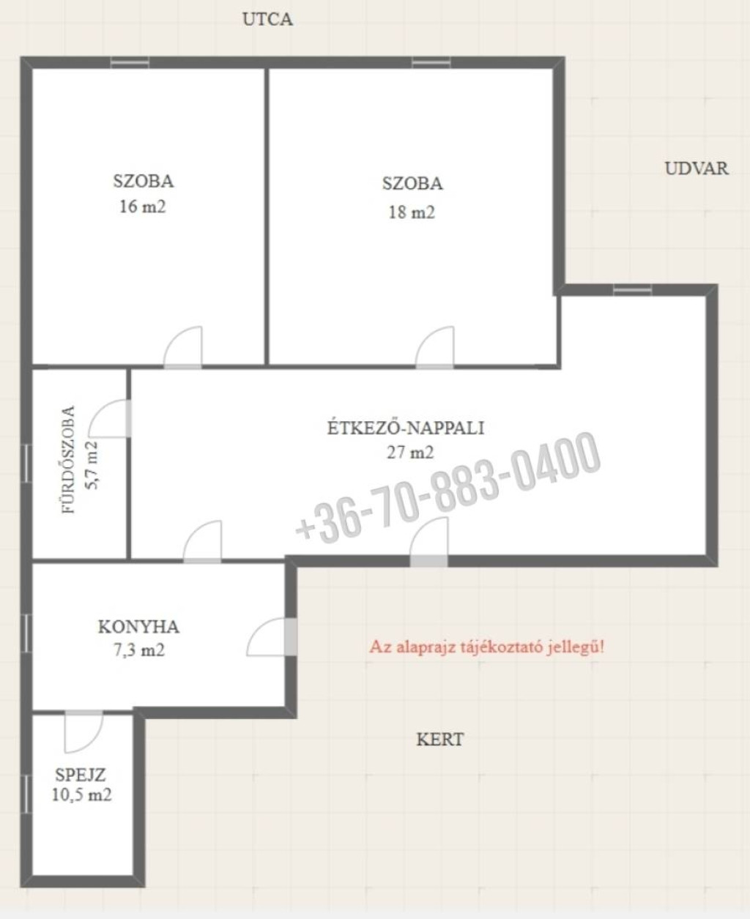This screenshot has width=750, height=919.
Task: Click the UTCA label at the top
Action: click(267, 20)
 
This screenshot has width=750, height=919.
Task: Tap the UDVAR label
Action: click(697, 168)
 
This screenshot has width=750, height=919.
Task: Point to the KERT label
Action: click(439, 740)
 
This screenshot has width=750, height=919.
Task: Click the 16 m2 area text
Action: click(143, 207)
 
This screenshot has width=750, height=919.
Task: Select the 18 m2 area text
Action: click(412, 212)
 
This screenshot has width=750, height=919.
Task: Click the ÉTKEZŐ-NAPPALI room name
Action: click(406, 428)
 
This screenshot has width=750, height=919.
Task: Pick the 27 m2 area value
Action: click(410, 453)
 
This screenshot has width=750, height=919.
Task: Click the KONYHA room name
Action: click(138, 627)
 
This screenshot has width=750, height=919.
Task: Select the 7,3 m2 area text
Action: click(139, 650)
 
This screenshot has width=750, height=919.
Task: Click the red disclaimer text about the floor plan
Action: click(487, 647)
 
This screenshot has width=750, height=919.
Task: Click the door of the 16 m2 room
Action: click(183, 347)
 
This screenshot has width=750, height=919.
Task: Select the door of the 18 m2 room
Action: click(435, 347)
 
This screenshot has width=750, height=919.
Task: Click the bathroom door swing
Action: click(110, 418)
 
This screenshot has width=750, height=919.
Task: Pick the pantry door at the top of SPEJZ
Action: click(84, 732)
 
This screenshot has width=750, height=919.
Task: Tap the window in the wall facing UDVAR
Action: click(632, 290)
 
